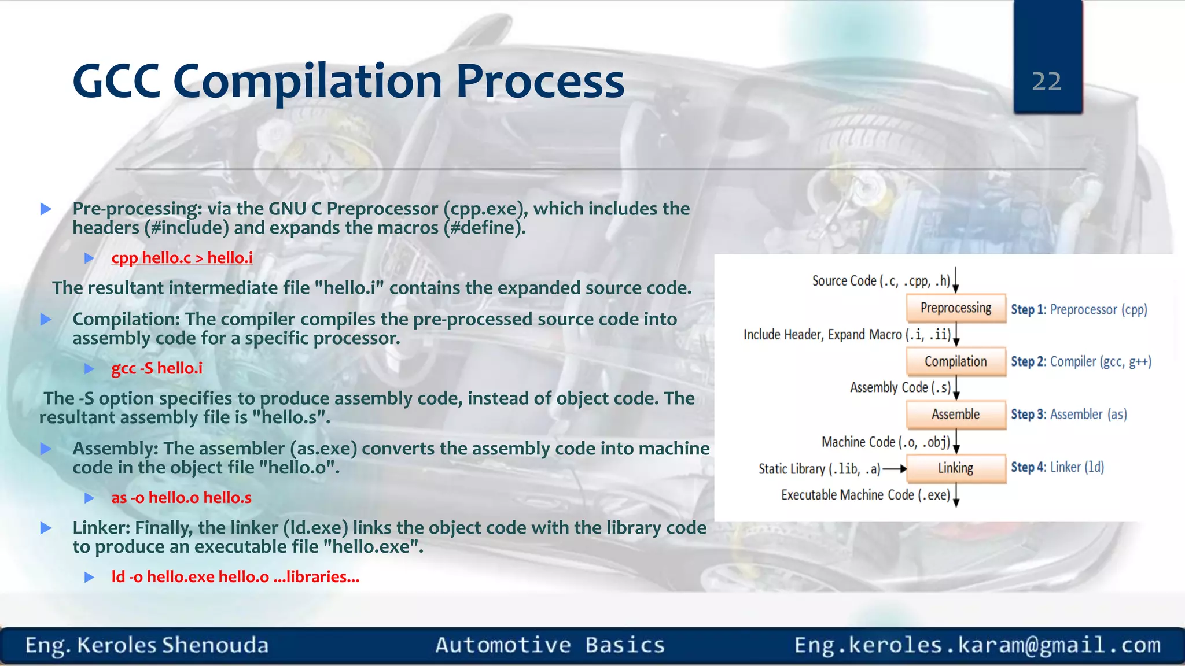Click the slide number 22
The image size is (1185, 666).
point(1047,82)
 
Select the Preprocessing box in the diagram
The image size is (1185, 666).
point(955,308)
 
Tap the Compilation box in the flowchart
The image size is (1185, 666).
point(955,361)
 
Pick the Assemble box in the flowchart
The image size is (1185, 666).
point(955,415)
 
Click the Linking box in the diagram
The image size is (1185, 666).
point(955,468)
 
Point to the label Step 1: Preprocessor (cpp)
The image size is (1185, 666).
point(1079,309)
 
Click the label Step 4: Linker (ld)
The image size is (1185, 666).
point(1057,467)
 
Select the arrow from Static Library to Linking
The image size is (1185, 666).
point(894,469)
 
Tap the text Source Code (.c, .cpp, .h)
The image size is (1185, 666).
point(881,281)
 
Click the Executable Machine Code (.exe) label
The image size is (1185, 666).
point(865,495)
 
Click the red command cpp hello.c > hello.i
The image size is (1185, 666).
point(182,258)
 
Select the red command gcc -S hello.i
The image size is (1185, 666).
point(157,368)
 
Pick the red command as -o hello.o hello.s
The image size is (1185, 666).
point(181,498)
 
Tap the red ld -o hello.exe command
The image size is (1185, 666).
point(235,577)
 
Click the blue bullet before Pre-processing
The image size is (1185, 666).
point(46,209)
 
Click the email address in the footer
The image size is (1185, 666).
point(977,645)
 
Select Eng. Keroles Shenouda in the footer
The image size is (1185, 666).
point(147,645)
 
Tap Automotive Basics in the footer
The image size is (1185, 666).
point(550,645)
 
